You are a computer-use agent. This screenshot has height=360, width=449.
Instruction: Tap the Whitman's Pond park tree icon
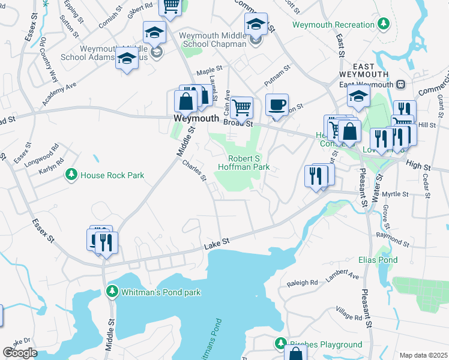tap(112, 292)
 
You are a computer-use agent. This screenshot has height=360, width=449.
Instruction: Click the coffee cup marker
tap(277, 106)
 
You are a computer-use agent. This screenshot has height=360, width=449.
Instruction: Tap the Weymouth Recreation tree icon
tap(382, 25)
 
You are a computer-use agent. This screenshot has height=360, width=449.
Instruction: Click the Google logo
tap(20, 353)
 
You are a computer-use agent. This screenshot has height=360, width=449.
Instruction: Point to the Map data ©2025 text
tap(423, 355)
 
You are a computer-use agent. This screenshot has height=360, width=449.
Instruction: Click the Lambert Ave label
tap(342, 276)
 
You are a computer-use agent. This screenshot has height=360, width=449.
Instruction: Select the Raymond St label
tap(393, 240)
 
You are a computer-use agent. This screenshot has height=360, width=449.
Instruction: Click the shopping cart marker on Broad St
tap(241, 108)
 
